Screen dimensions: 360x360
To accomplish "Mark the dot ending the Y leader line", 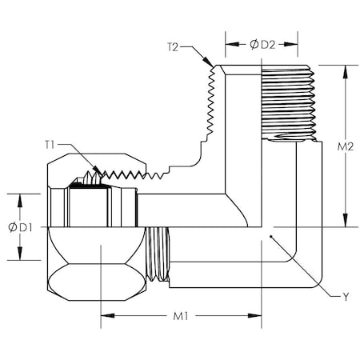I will pos(272,237).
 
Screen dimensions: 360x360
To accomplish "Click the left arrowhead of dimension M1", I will pos(105,317).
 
